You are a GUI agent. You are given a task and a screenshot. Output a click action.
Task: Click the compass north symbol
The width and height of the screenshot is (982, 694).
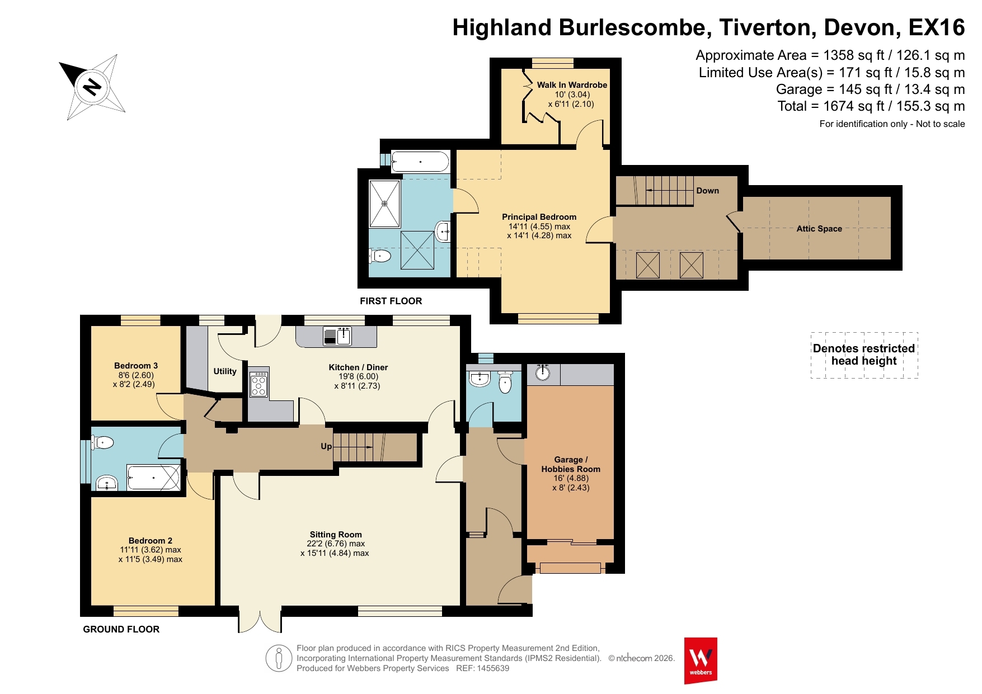click(92, 87)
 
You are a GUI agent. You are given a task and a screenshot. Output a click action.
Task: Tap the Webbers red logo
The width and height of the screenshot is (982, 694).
click(701, 660)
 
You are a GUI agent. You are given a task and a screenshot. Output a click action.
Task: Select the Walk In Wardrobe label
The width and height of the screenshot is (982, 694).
click(572, 85)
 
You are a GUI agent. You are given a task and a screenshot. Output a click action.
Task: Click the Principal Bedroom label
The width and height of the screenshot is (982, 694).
click(539, 217)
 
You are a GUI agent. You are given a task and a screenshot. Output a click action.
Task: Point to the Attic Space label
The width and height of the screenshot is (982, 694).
click(819, 229)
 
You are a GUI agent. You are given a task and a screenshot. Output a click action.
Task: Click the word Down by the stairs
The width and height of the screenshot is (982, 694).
click(707, 191)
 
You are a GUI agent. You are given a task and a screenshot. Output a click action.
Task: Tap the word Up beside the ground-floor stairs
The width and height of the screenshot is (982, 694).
click(326, 446)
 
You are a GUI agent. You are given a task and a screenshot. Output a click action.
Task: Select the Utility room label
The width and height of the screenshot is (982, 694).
click(225, 371)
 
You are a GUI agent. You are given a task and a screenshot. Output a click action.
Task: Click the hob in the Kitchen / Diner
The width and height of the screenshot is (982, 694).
click(259, 384)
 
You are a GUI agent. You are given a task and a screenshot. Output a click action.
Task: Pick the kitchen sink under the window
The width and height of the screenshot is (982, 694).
click(337, 336)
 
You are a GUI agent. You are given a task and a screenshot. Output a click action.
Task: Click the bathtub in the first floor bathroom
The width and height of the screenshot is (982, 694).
click(420, 162)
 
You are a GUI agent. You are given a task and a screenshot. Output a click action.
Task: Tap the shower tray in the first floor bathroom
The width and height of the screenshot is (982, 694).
click(384, 204)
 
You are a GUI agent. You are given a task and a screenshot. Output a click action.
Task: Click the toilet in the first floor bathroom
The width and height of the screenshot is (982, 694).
click(380, 256)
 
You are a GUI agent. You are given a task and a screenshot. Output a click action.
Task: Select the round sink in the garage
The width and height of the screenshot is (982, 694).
click(543, 372)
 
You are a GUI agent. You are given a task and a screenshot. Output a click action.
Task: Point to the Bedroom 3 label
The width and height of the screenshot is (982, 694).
click(136, 366)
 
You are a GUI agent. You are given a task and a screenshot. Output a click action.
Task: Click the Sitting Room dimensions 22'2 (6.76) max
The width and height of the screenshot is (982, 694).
click(336, 544)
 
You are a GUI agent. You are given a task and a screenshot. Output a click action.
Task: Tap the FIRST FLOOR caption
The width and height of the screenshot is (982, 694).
click(391, 301)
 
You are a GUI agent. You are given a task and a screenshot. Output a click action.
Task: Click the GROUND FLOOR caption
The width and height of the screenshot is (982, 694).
click(121, 629)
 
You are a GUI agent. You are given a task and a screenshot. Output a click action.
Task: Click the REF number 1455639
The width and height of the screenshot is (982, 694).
click(493, 668)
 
